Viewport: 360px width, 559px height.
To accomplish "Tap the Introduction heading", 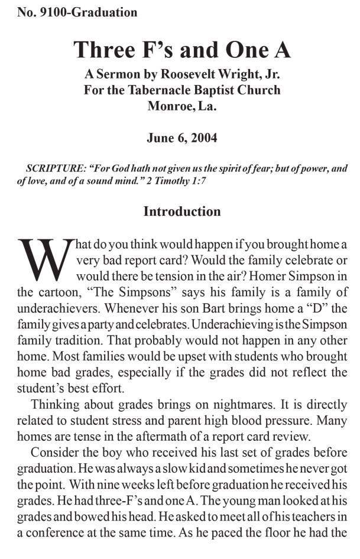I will [x=182, y=211].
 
